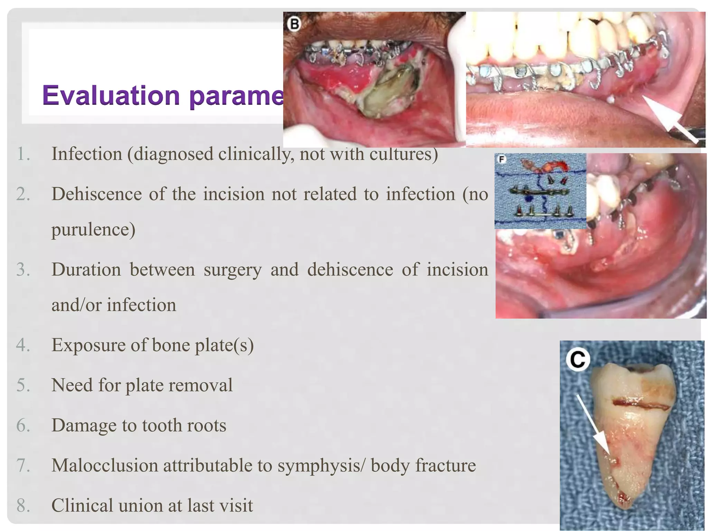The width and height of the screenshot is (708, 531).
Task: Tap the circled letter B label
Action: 294,24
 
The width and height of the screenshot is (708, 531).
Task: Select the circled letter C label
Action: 578,360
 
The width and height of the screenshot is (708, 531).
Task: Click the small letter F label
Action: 501,159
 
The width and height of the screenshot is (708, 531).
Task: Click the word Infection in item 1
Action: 87,154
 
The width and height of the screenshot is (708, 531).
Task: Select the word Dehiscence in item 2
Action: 96,194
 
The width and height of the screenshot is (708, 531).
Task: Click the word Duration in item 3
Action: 86,269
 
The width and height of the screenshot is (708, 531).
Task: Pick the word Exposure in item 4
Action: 88,345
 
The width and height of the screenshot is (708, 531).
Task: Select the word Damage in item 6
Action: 84,425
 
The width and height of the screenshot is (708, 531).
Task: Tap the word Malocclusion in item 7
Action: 104,465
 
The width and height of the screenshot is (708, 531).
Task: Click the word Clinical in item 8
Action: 82,505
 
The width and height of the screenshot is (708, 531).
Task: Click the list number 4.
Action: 23,345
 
